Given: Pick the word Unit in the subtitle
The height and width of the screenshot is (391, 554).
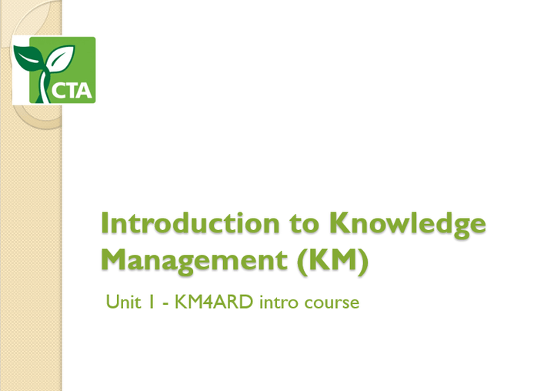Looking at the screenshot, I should click(121, 302).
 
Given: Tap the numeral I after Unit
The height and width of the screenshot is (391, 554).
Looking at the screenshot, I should click(152, 302).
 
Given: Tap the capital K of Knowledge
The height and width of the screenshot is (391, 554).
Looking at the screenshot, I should click(342, 224).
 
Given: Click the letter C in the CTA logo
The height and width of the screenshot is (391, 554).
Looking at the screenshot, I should click(58, 92).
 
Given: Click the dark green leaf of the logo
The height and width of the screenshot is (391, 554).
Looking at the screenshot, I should click(29, 56).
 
